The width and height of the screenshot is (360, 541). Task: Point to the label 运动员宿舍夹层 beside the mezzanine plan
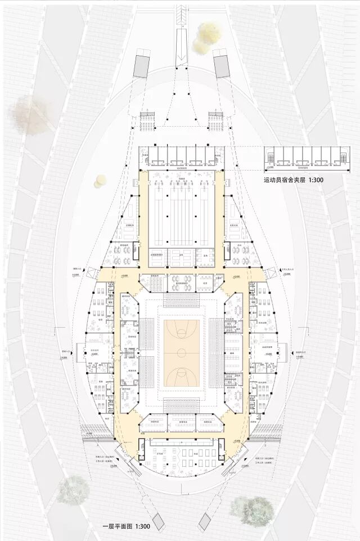pyautogui.click(x=287, y=181)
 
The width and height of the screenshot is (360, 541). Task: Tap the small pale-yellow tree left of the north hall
pyautogui.click(x=100, y=180)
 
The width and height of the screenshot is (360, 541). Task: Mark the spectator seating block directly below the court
pyautogui.click(x=181, y=405)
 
